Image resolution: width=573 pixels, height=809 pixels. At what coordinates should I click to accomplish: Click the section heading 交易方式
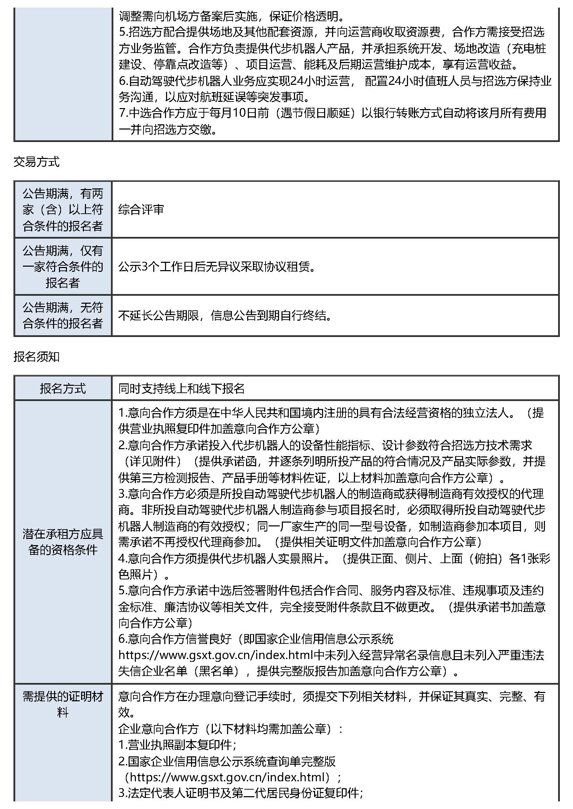36,162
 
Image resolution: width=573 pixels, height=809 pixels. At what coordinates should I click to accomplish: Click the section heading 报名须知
36,357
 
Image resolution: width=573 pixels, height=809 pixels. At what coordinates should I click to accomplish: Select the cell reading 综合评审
141,210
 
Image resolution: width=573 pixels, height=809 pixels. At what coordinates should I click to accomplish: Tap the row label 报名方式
63,389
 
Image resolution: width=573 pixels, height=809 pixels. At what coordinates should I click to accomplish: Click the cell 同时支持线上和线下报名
181,389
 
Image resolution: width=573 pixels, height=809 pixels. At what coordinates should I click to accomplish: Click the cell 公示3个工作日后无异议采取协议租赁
217,267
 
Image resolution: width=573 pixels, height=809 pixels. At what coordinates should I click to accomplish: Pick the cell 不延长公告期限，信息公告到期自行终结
225,315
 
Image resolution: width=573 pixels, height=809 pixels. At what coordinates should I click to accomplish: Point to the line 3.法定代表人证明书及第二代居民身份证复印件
241,793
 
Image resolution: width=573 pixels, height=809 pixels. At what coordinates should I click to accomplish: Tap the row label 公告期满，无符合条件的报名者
63,315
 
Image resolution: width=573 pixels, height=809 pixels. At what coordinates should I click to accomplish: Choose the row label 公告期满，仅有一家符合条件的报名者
63,267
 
